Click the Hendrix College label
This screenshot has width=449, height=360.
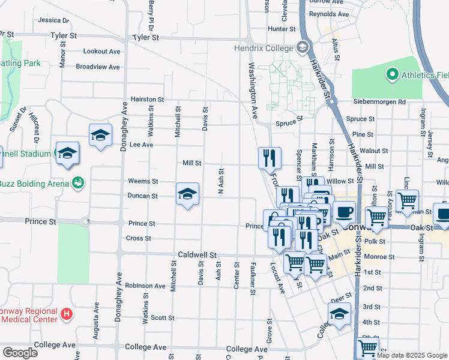click(x=262, y=47)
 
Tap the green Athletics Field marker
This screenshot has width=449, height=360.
click(x=392, y=75)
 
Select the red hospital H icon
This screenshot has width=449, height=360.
click(x=67, y=313)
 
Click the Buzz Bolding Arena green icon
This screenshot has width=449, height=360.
click(x=77, y=182)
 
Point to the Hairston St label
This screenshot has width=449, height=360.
click(x=148, y=99)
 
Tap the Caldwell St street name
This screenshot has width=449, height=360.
click(x=196, y=255)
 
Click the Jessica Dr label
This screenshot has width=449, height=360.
click(x=53, y=20)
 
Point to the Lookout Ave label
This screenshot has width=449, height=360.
click(x=102, y=52)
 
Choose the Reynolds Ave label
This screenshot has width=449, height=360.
click(x=329, y=14)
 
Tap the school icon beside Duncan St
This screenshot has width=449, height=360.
click(x=187, y=194)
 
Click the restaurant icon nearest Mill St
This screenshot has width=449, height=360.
click(x=270, y=158)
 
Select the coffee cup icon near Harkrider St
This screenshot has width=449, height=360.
click(x=345, y=212)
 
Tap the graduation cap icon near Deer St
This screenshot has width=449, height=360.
click(x=339, y=314)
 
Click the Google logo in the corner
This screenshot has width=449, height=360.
click(x=20, y=352)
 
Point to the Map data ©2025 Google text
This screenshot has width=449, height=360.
click(x=412, y=355)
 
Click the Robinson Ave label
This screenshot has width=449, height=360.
click(x=145, y=286)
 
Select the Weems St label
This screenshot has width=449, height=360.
click(x=143, y=181)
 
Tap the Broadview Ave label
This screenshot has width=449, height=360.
click(x=98, y=67)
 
